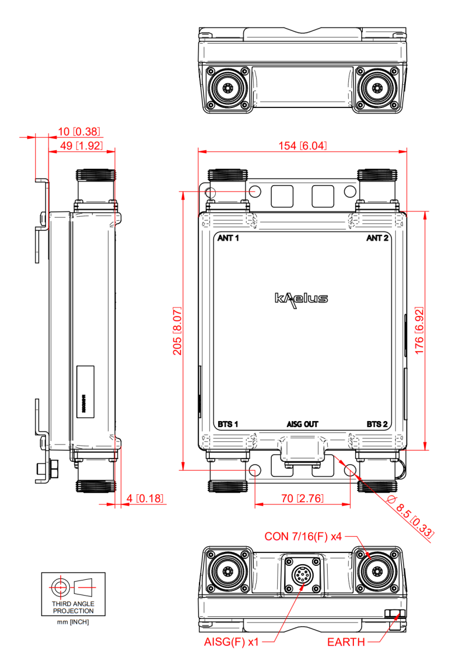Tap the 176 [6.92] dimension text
[419, 330]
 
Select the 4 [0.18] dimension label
[145, 498]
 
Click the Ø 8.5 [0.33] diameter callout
[411, 517]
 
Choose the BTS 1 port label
[228, 424]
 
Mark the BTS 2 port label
[377, 424]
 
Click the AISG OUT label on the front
[302, 424]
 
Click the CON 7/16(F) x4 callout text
[303, 537]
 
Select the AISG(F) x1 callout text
[231, 642]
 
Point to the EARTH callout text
[346, 642]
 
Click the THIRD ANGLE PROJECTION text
[73, 607]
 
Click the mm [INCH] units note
[73, 622]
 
